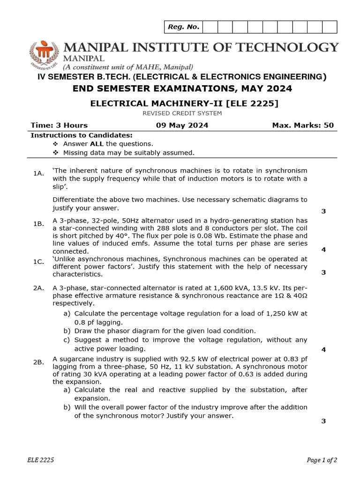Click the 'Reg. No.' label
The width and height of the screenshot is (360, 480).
pos(183,27)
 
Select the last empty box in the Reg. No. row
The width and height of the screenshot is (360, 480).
pos(330,27)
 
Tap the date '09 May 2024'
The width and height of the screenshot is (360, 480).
pos(182,125)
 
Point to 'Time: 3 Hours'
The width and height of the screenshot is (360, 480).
pos(59,125)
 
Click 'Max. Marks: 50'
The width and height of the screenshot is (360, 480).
pos(303,125)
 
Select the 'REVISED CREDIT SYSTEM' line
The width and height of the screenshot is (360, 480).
pos(182,113)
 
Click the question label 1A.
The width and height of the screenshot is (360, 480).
pos(38,173)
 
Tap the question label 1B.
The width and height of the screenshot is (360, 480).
pos(38,224)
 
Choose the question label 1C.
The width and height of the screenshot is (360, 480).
pos(38,261)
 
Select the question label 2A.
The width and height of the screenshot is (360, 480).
pos(38,287)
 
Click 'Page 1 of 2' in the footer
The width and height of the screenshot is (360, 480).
pos(322,460)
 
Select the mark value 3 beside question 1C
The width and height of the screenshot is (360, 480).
pos(323,272)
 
